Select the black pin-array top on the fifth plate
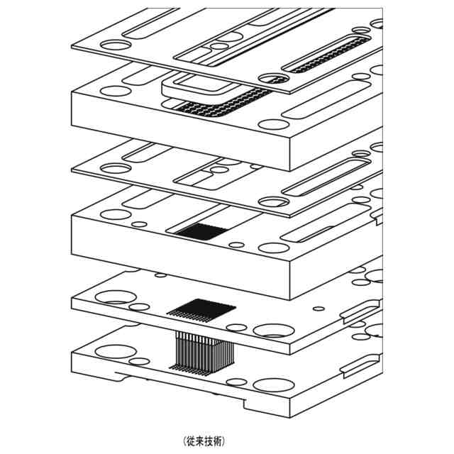(201, 309)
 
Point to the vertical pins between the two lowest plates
(203, 350)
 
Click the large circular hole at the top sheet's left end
(113, 44)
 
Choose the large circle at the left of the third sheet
(113, 168)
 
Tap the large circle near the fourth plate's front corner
(273, 248)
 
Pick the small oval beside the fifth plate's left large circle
(140, 306)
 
